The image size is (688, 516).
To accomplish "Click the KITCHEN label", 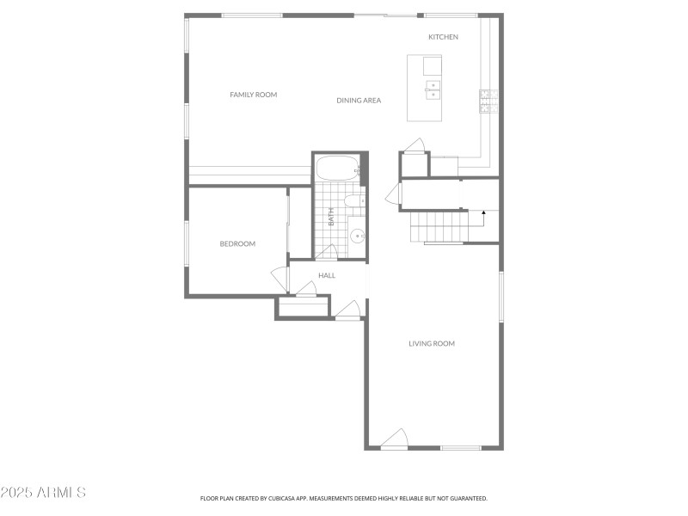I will coord(443,37).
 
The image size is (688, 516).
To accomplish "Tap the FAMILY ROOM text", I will coord(253,95).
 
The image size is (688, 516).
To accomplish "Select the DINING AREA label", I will coord(359,101).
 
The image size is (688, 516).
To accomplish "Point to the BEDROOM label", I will coord(237,243).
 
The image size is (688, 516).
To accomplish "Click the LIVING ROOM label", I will coord(431,343).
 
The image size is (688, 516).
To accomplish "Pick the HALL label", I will coord(327,275).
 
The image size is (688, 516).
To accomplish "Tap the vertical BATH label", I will coord(331,216).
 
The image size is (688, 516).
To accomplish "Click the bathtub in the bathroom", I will coord(336,168).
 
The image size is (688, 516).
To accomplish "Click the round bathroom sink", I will coord(357,235).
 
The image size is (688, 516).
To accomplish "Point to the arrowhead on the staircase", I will coord(483,212).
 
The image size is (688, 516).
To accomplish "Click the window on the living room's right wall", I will coord(501,297).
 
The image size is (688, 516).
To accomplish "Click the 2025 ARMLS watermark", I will coord(43,493).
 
